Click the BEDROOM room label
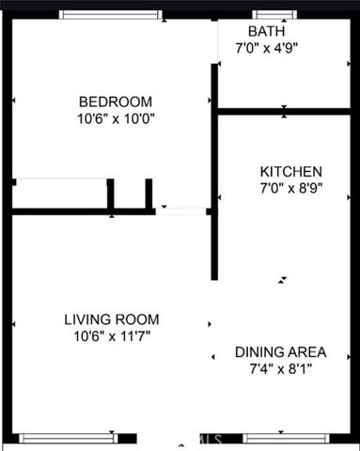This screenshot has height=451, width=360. (116, 101)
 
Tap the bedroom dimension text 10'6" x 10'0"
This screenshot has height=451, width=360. (116, 119)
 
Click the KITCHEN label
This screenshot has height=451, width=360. (291, 172)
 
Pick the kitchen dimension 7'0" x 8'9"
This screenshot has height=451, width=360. (291, 190)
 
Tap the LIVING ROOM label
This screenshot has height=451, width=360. (112, 319)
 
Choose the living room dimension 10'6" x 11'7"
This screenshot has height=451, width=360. (112, 335)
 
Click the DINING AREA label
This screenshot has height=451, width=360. (281, 352)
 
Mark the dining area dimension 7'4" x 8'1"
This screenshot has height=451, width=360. (281, 369)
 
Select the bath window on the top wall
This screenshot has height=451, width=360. (266, 15)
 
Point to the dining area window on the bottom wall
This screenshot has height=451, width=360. (283, 437)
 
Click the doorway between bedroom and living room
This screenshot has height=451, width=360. (180, 210)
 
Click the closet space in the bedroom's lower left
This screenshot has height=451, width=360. (59, 194)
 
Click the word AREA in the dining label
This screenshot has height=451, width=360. (306, 352)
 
